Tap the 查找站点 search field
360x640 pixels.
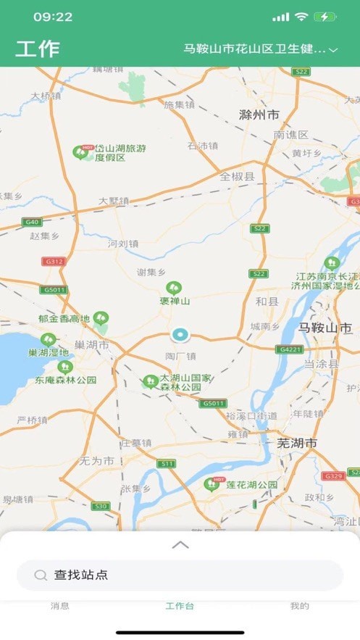coord(180,575)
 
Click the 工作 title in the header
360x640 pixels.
coord(38,49)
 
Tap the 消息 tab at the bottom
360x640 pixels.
coord(60,606)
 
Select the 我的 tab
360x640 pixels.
coord(299,606)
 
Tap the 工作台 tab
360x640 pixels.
coord(180,606)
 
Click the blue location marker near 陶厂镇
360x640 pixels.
coord(180,335)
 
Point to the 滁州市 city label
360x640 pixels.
coord(259,115)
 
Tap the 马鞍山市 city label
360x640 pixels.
coord(325,327)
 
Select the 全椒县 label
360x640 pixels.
coord(238,176)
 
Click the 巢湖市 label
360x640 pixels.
coord(92,345)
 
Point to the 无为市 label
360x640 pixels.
coord(97,460)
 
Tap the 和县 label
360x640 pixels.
coord(267,301)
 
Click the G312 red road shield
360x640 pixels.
coord(53,262)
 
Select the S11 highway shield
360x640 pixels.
coord(167,463)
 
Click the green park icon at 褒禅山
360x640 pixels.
coord(173,288)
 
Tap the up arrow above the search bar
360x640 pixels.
coord(180,545)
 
